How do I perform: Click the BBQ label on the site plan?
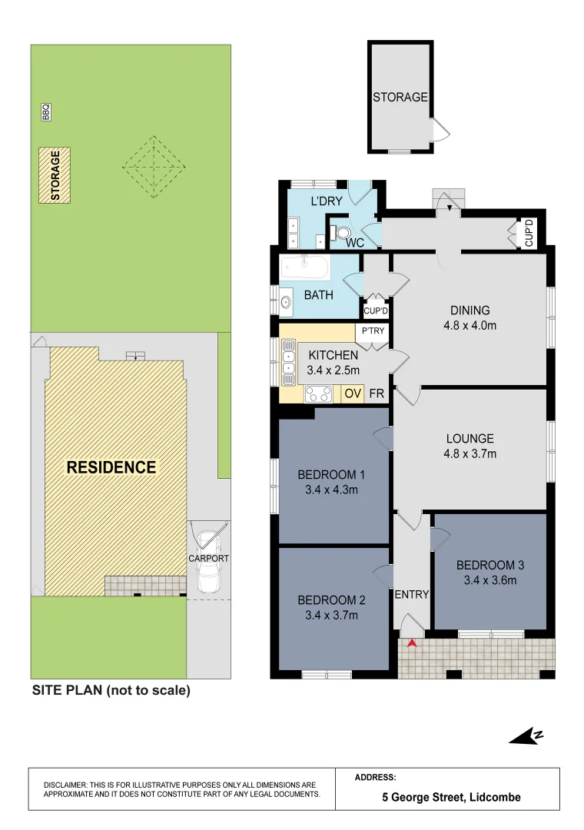(x=46, y=112)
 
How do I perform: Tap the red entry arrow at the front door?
(x=413, y=643)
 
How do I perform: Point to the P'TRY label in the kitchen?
(x=373, y=331)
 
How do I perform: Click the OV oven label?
(x=352, y=393)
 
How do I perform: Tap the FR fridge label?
(x=377, y=393)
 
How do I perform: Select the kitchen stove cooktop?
(x=319, y=394)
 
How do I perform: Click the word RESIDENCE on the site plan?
(x=111, y=467)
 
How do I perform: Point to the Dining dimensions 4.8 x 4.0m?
(x=470, y=325)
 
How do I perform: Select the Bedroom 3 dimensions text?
(x=489, y=580)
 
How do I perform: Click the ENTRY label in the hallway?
(x=412, y=594)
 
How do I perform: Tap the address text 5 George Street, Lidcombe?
(x=451, y=797)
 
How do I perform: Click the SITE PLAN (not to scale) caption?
(x=111, y=690)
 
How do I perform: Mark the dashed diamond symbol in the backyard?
(x=154, y=165)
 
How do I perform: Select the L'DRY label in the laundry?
(x=326, y=201)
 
